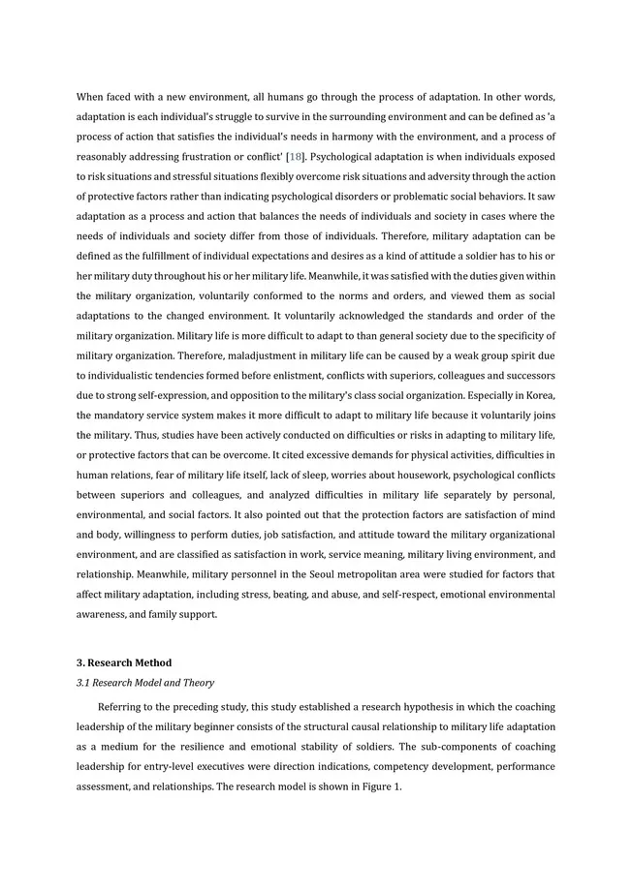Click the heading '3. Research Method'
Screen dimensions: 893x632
[124, 662]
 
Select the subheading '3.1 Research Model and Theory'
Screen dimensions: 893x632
[145, 683]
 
